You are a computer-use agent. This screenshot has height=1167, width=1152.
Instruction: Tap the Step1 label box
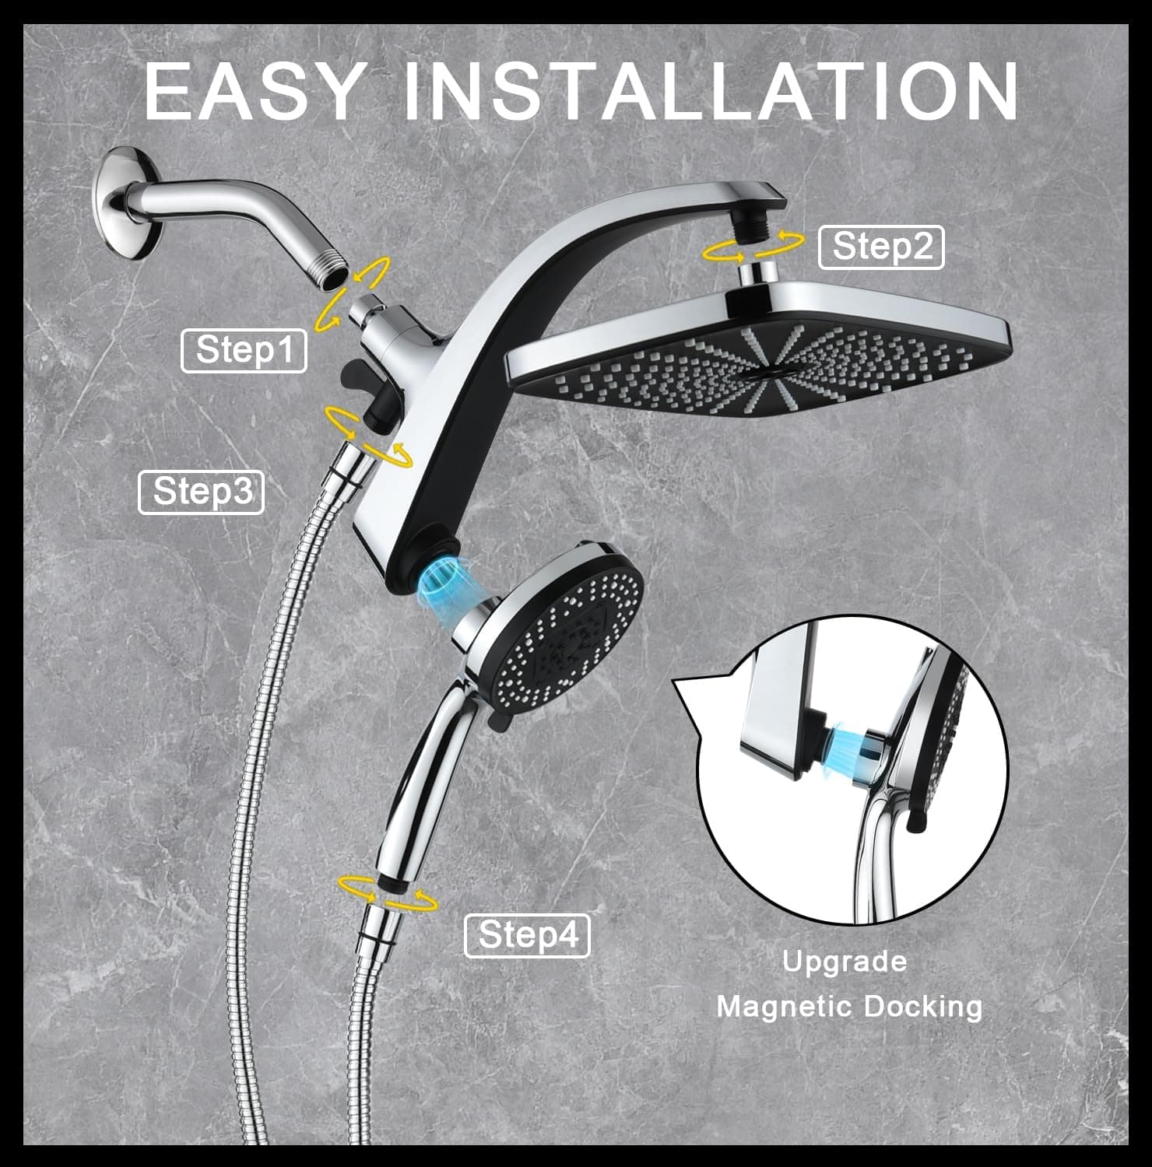(x=244, y=350)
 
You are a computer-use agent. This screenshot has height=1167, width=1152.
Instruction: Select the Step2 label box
(x=881, y=247)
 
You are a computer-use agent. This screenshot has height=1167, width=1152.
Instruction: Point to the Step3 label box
(x=201, y=492)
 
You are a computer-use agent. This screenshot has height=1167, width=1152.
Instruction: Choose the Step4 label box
(x=527, y=935)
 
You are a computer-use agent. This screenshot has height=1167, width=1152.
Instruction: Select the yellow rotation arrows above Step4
(x=388, y=892)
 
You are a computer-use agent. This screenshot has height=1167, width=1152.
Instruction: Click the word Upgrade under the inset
(x=845, y=962)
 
